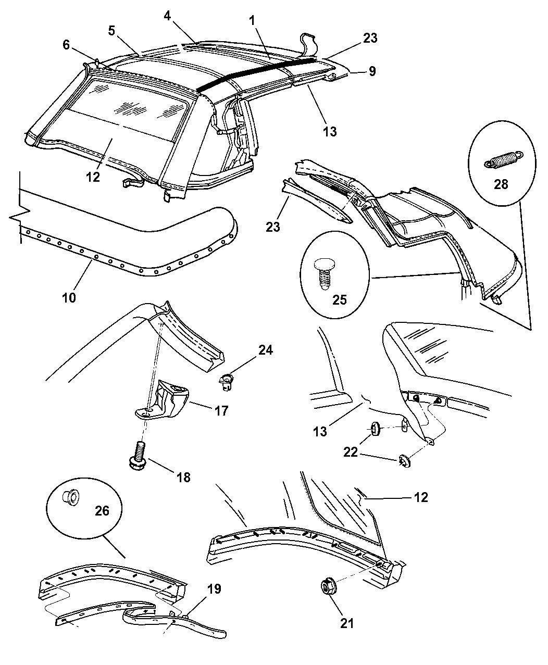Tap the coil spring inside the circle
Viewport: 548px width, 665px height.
[x=502, y=158]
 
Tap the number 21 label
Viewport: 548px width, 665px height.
[x=347, y=623]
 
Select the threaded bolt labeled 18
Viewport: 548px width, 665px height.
[x=139, y=455]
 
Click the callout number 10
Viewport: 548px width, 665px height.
[x=69, y=297]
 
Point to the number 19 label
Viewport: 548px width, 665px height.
[x=214, y=589]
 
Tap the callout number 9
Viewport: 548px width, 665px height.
[x=371, y=71]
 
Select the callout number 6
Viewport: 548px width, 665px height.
[x=66, y=45]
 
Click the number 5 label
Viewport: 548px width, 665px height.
[x=112, y=31]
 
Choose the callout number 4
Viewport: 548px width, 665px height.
[x=167, y=17]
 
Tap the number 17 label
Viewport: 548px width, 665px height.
[x=221, y=411]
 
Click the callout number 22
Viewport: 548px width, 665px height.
[x=351, y=451]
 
